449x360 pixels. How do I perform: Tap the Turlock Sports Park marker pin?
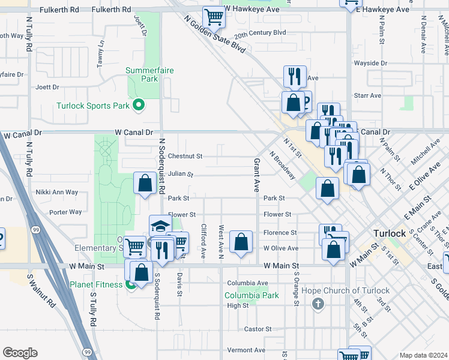[139, 106]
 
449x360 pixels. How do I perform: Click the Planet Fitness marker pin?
[131, 284]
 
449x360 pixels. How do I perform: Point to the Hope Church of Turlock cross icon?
[318, 304]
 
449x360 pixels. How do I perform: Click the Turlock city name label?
[390, 233]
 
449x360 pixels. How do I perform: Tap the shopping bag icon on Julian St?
[145, 183]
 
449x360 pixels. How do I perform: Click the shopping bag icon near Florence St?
[241, 242]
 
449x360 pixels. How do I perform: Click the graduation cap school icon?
[160, 226]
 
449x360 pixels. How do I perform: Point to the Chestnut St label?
[185, 156]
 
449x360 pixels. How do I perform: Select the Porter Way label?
[65, 212]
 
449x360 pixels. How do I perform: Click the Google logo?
[20, 353]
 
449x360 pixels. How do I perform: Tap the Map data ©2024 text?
[423, 355]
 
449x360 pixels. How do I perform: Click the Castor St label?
[258, 329]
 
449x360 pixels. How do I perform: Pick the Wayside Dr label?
[370, 63]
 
